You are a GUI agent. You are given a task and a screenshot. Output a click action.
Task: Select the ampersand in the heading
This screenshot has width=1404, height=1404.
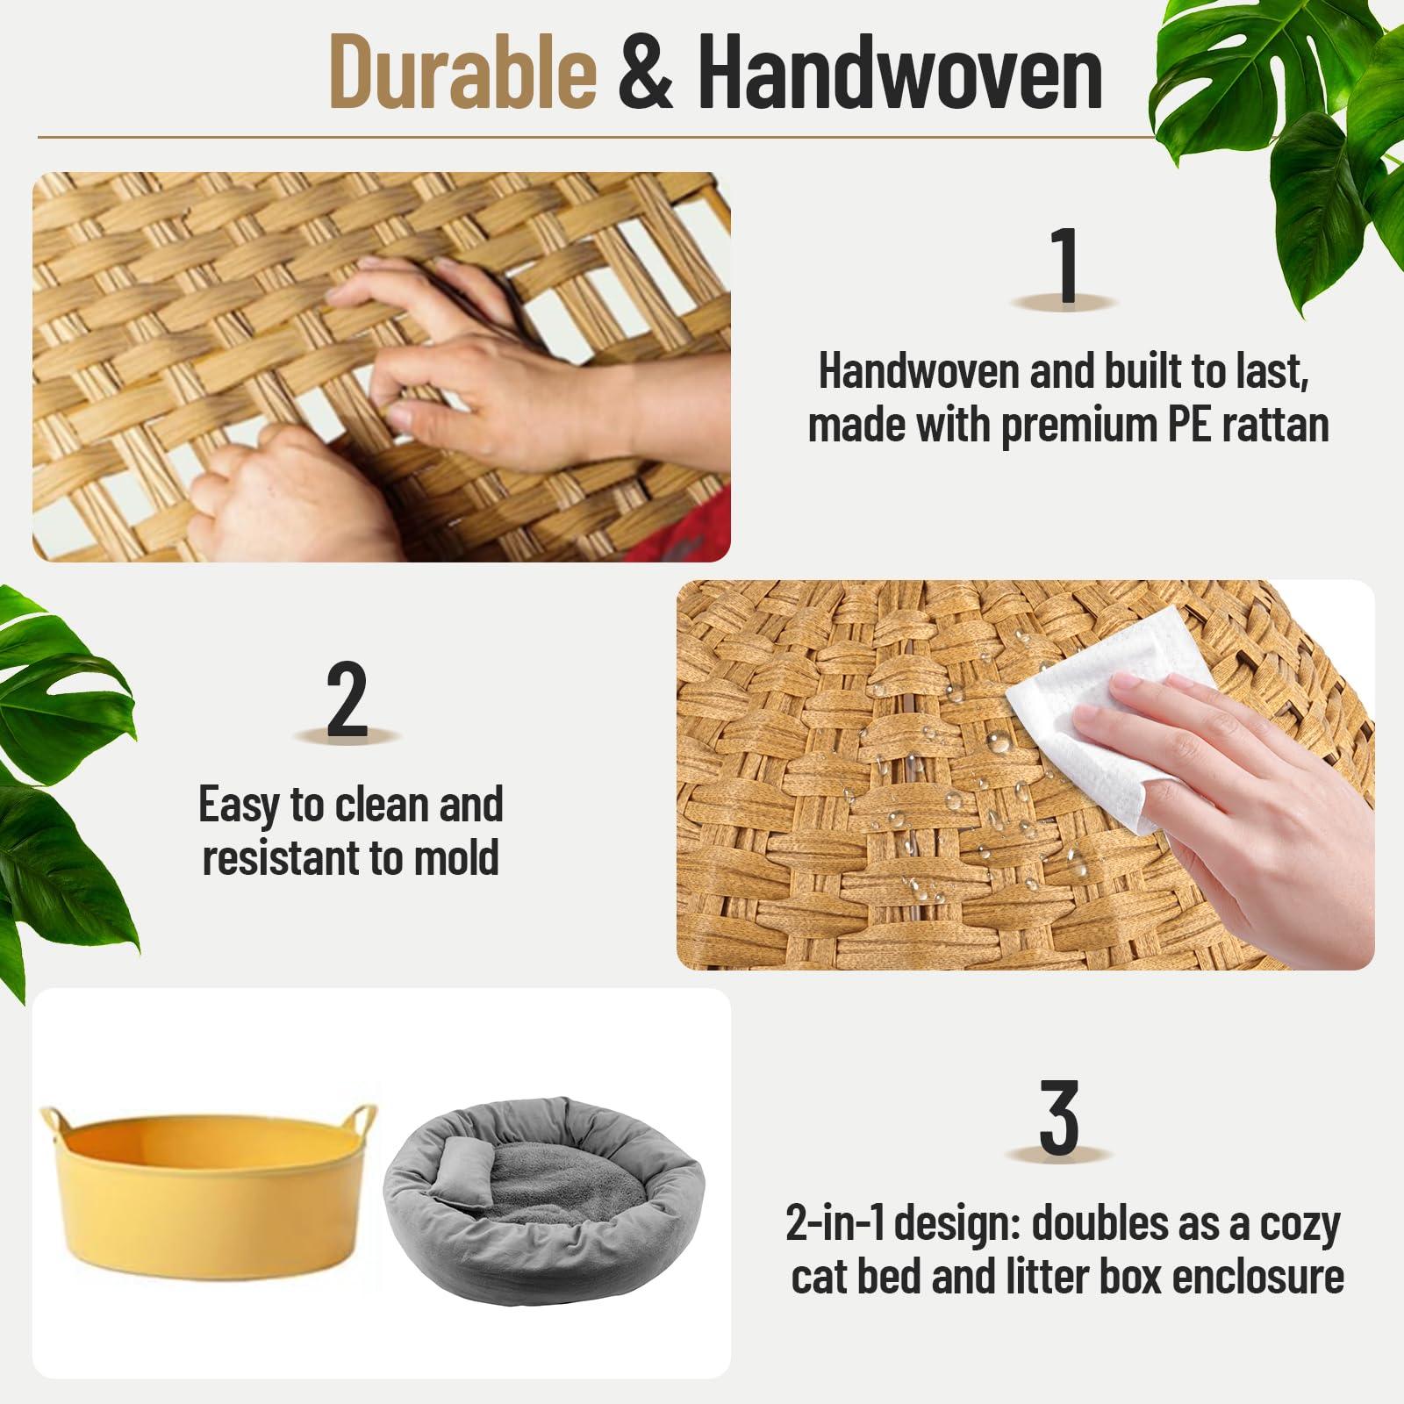(646, 74)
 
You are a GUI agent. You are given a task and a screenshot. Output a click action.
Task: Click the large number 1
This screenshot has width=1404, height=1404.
(1064, 265)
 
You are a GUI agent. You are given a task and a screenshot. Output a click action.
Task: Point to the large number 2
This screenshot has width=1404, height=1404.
(347, 700)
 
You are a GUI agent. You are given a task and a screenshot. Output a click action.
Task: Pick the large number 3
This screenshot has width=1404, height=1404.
(1059, 1119)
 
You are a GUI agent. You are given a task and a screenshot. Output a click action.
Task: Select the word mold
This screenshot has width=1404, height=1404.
(456, 858)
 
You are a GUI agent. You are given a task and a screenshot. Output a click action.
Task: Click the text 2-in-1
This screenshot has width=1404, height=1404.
(835, 1222)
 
